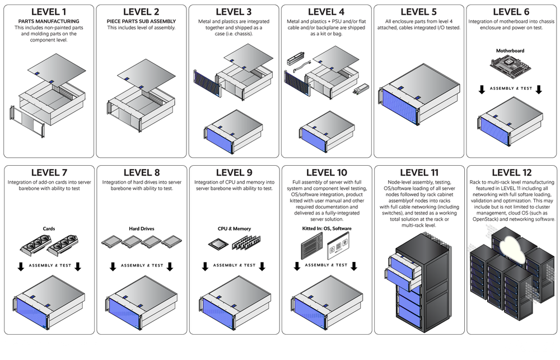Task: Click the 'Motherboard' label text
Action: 511,51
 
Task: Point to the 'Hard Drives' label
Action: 141,228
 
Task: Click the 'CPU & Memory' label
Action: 234,228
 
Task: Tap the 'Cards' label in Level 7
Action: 49,228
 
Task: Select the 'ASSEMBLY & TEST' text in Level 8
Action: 142,265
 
